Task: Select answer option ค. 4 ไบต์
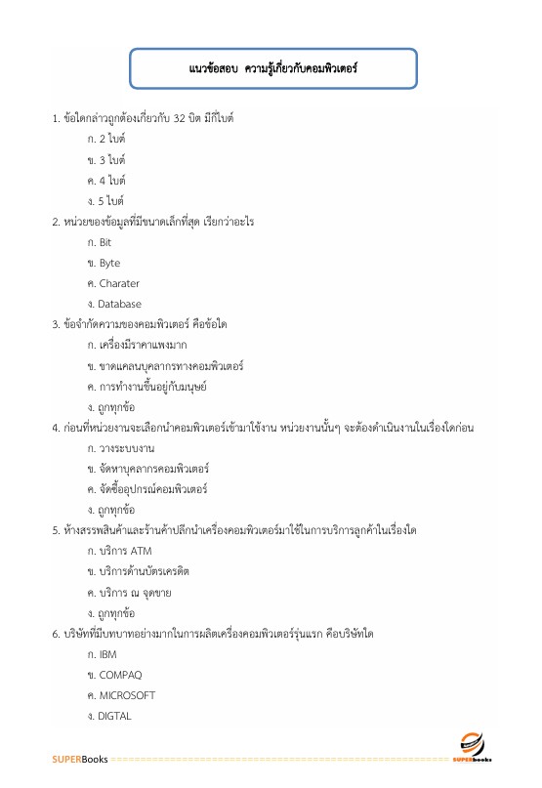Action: [106, 180]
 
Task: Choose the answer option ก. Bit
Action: [100, 241]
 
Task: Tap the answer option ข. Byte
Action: [104, 263]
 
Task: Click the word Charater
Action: [119, 283]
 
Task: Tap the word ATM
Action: [141, 550]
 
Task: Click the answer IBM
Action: [107, 653]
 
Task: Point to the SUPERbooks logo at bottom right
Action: [473, 745]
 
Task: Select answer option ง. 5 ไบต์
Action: [106, 200]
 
